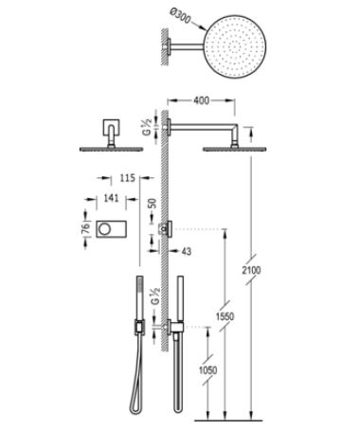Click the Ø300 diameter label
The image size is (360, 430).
click(x=180, y=16)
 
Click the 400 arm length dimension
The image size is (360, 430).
click(x=201, y=100)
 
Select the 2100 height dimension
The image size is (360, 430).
click(x=252, y=270)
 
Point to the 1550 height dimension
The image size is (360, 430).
click(x=225, y=316)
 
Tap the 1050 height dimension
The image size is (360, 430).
click(x=207, y=370)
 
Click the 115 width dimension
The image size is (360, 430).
click(x=127, y=178)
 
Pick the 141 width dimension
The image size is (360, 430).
click(x=111, y=198)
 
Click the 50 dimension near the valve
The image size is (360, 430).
click(x=152, y=204)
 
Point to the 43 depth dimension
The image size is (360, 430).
click(x=187, y=251)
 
